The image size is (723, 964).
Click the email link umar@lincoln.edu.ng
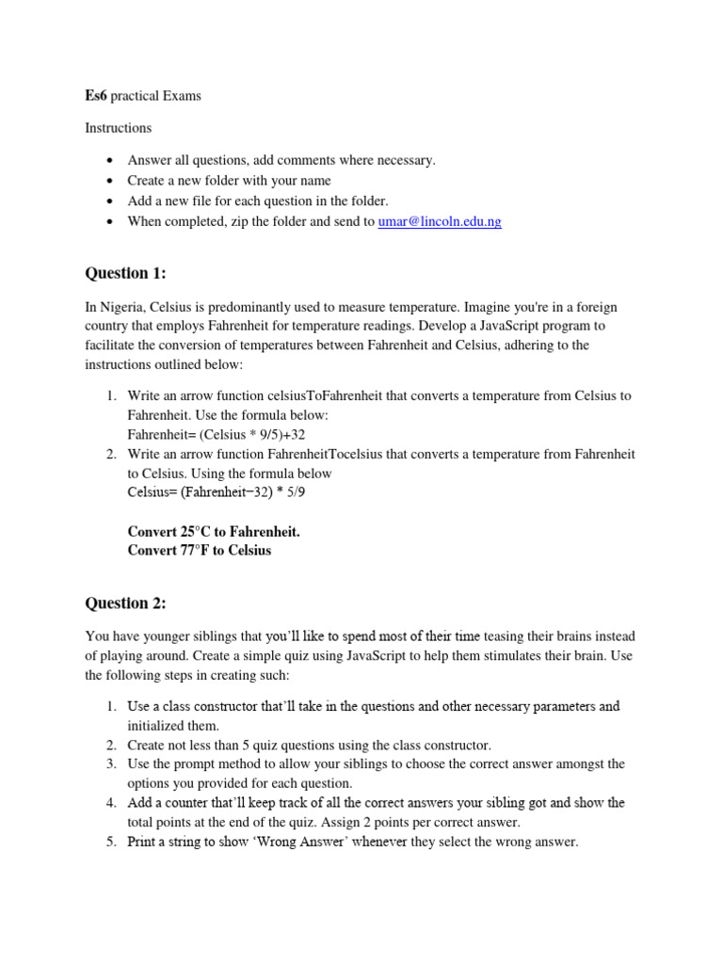(440, 221)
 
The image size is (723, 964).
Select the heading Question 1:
(125, 273)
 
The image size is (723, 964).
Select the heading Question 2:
(125, 602)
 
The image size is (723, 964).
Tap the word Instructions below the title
(118, 127)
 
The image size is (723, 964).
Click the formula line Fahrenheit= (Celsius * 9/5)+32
(217, 434)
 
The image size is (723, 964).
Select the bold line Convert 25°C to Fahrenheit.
(214, 531)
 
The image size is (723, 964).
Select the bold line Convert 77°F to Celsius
(200, 550)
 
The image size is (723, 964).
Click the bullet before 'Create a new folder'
(110, 181)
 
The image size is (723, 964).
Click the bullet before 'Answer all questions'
(110, 161)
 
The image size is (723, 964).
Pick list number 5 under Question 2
(110, 842)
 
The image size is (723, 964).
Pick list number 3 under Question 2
(110, 764)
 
